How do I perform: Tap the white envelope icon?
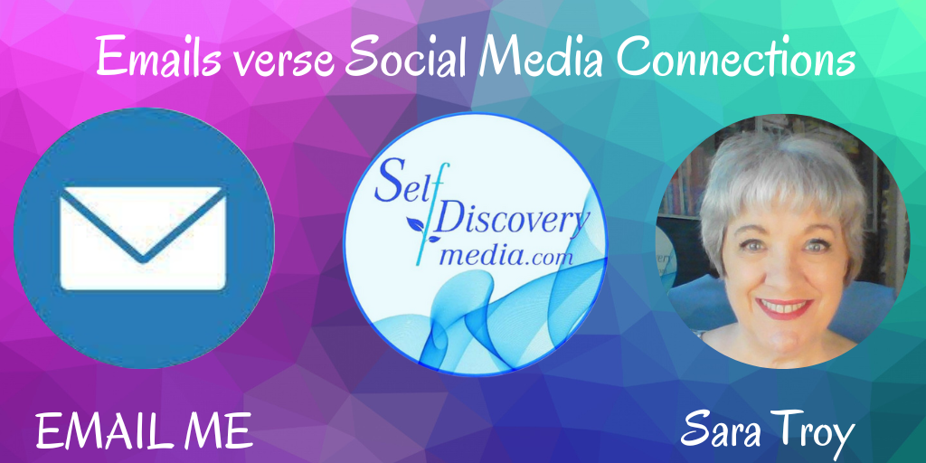pyautogui.click(x=143, y=238)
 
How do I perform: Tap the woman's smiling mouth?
pyautogui.click(x=784, y=307)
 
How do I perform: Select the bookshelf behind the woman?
pyautogui.click(x=685, y=177)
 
